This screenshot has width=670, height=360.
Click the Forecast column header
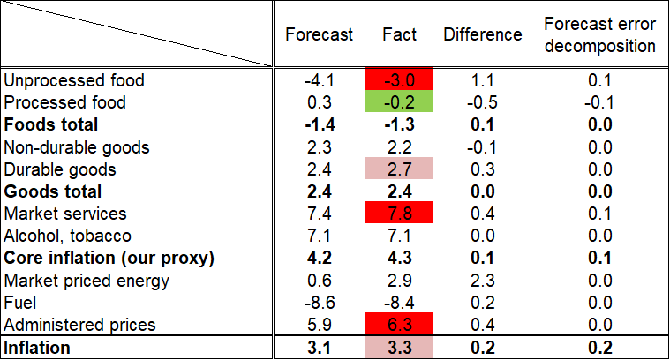(x=319, y=35)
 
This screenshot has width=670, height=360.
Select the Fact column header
(x=399, y=35)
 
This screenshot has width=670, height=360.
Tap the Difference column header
(x=482, y=35)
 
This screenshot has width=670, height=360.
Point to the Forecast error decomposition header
(x=599, y=35)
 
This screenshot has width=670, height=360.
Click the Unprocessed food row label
(x=74, y=80)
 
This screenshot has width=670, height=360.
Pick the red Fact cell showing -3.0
(x=399, y=80)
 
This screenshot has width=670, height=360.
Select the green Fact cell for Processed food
(x=399, y=102)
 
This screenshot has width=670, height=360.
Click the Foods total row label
(x=51, y=124)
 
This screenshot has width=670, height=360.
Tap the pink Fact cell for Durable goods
(x=399, y=169)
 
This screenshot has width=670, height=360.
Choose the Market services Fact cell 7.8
(x=399, y=214)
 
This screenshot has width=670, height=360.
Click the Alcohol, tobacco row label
(x=68, y=236)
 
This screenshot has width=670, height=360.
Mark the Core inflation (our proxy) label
(x=110, y=259)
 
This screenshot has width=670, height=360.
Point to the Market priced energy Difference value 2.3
(x=482, y=281)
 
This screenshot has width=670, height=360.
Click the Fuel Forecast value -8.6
(x=319, y=303)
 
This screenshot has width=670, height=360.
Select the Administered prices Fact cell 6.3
(x=399, y=325)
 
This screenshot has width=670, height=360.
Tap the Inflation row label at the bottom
(x=38, y=348)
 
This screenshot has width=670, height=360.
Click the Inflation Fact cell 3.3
(x=399, y=348)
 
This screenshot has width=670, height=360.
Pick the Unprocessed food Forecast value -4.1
(x=319, y=80)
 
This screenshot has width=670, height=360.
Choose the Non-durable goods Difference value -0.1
(x=482, y=147)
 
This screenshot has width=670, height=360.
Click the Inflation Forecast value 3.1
(x=319, y=348)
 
